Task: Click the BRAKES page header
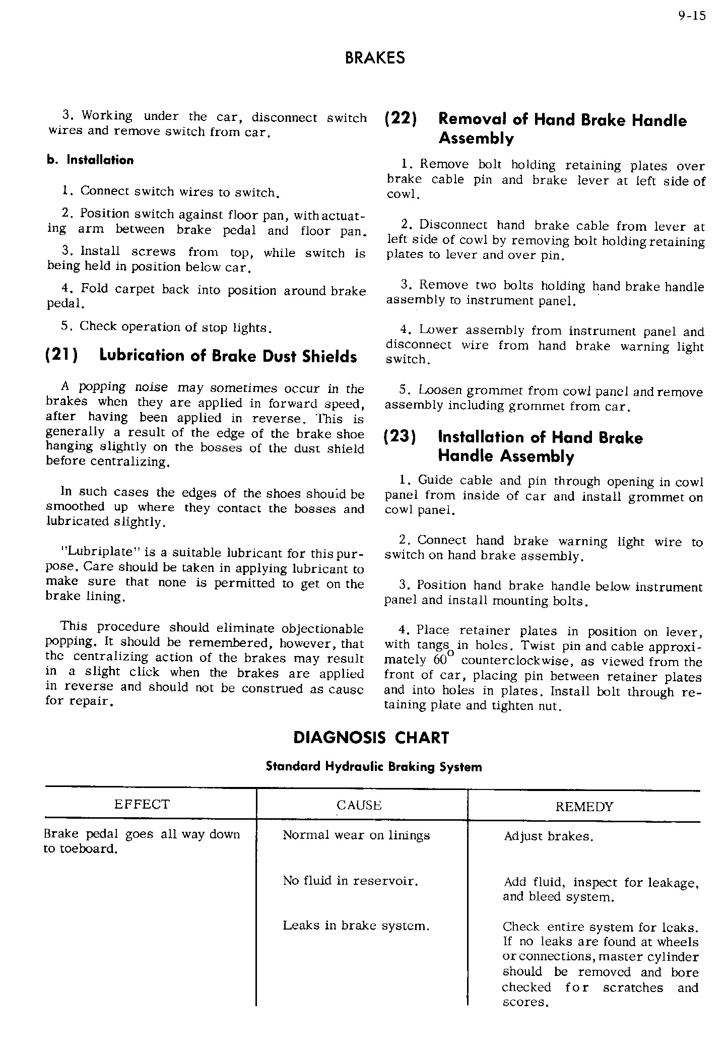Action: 375,58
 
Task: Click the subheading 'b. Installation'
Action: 91,160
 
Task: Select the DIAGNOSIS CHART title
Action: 371,738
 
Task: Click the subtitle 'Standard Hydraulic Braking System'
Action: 374,767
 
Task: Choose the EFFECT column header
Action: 142,805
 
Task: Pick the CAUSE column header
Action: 359,806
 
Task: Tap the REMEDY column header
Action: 584,807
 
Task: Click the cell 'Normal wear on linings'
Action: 356,835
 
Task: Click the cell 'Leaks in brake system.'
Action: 356,926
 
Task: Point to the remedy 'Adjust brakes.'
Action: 549,837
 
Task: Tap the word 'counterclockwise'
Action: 514,661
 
